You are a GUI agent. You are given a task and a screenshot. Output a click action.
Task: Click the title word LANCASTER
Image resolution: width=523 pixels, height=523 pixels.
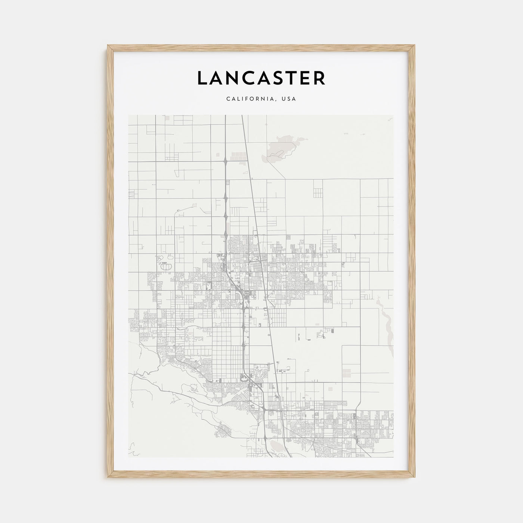(x=261, y=78)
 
